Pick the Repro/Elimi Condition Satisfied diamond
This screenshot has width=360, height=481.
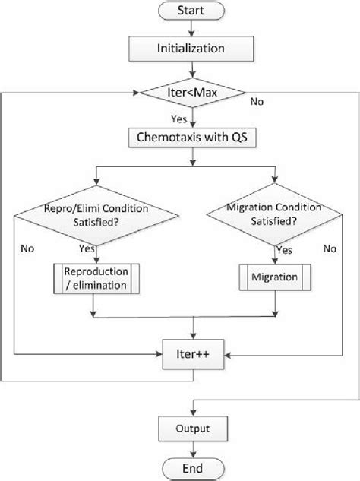93,215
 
